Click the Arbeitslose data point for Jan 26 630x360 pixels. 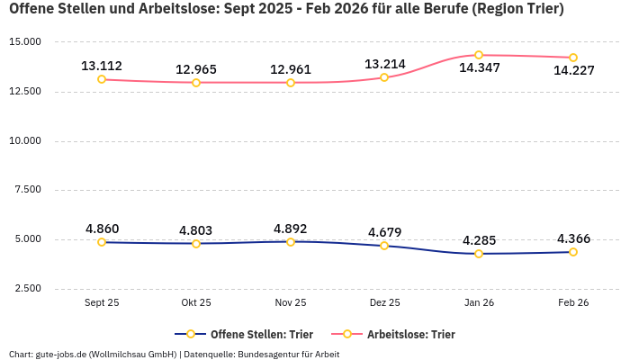click(x=479, y=55)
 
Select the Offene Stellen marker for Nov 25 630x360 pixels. click(x=291, y=241)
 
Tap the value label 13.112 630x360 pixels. click(x=102, y=66)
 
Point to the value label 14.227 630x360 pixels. click(x=573, y=71)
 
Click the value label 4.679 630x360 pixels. click(x=384, y=232)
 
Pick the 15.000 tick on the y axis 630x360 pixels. click(x=25, y=42)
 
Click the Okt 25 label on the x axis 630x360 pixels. click(x=196, y=303)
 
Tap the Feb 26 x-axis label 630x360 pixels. click(x=573, y=303)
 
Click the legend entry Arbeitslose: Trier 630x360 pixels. click(x=410, y=334)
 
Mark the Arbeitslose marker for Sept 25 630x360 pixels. click(x=102, y=79)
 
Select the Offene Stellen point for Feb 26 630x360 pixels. click(x=573, y=252)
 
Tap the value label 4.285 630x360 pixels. click(x=479, y=240)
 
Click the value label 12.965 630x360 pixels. click(x=196, y=69)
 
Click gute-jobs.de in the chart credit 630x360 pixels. click(x=60, y=354)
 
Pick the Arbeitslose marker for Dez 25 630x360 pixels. click(x=384, y=77)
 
